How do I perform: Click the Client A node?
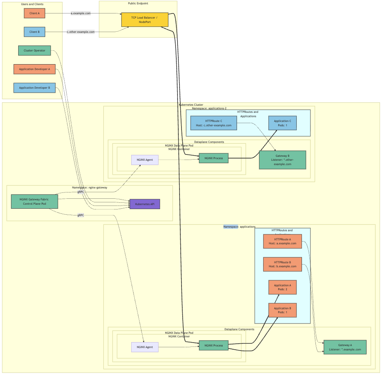34,13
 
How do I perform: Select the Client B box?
34,32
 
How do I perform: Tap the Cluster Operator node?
34,51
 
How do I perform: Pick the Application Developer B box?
34,88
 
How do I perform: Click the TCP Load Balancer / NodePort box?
144,20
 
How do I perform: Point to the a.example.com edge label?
80,13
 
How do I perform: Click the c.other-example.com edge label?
80,32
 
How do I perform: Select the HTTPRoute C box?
214,123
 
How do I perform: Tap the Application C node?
283,123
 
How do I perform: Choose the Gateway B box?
283,160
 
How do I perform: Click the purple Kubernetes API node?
145,204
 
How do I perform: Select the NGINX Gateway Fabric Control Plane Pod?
34,202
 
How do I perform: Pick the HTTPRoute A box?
283,242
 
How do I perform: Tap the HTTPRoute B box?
283,265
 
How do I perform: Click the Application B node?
283,310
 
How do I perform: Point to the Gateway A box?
345,347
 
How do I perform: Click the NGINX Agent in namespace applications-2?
145,160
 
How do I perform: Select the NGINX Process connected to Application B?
214,346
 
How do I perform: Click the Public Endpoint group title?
138,4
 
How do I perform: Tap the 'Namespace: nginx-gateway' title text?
90,188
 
